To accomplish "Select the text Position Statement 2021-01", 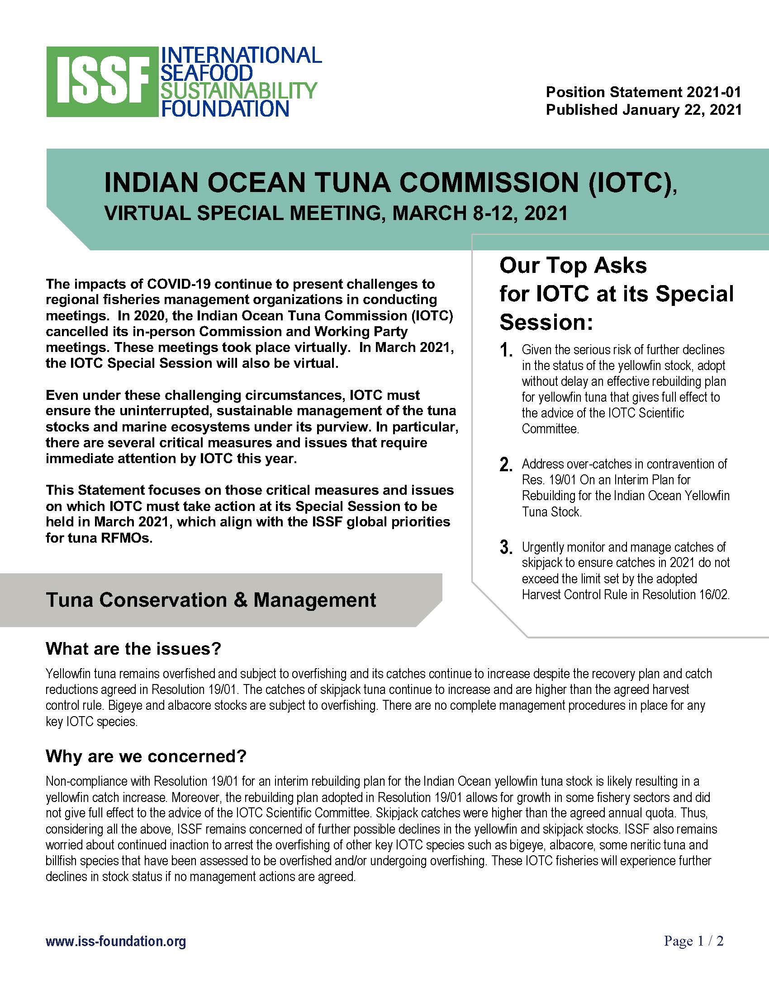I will coord(643,92).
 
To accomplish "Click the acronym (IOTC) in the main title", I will coord(631,182).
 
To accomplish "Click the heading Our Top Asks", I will coord(573,265).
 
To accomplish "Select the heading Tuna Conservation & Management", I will coord(211,600).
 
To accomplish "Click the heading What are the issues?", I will coord(133,648).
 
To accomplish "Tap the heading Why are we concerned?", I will coord(146,756).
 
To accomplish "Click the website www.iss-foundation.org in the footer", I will coord(116,941).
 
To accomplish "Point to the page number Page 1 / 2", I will coord(693,941).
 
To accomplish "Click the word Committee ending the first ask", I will coord(550,429).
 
